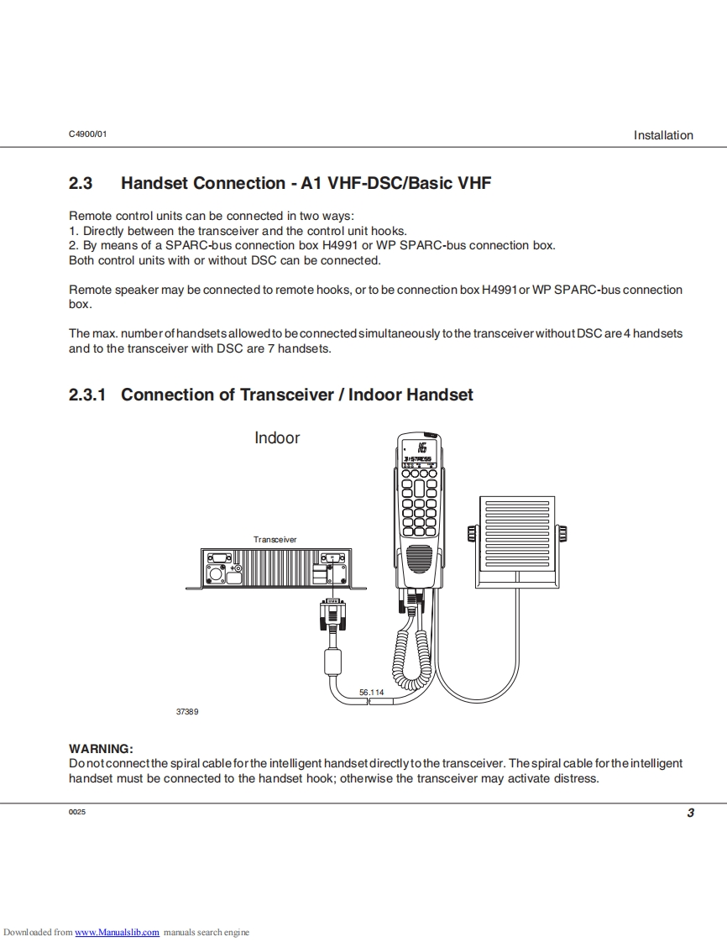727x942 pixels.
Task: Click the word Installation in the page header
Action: pyautogui.click(x=663, y=135)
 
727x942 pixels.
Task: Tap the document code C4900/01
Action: pyautogui.click(x=88, y=134)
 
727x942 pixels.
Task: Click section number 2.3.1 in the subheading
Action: pyautogui.click(x=87, y=395)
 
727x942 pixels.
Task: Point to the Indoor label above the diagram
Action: pyautogui.click(x=277, y=437)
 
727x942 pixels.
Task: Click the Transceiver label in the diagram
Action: pyautogui.click(x=275, y=539)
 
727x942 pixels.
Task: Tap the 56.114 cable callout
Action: pyautogui.click(x=371, y=692)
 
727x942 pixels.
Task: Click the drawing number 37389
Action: pyautogui.click(x=187, y=711)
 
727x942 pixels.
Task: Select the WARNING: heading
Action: pyautogui.click(x=101, y=748)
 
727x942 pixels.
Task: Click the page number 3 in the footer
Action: pyautogui.click(x=690, y=813)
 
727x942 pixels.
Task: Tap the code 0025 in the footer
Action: pyautogui.click(x=77, y=813)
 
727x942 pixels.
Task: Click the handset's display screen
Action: pyautogui.click(x=417, y=448)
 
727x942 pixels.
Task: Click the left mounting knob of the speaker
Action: pyautogui.click(x=472, y=533)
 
